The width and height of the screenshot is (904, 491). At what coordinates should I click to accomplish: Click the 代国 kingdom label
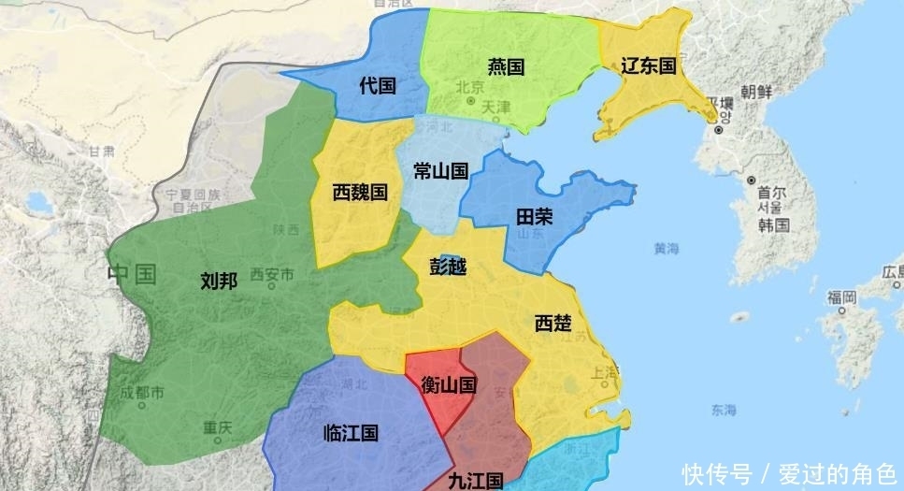click(378, 86)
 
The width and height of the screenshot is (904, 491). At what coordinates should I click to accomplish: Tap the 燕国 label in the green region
click(506, 67)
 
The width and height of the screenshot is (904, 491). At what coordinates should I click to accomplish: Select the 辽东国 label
click(648, 65)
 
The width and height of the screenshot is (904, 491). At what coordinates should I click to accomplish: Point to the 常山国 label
click(440, 171)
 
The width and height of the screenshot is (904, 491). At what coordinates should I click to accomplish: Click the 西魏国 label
click(360, 193)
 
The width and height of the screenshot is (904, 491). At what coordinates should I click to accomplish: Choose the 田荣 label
click(535, 217)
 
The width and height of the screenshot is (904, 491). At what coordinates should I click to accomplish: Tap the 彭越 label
click(448, 267)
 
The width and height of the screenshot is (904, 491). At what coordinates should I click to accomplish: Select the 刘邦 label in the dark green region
click(219, 281)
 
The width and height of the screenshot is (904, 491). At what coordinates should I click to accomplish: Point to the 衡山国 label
click(449, 383)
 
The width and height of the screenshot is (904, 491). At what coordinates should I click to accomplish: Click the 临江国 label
click(351, 433)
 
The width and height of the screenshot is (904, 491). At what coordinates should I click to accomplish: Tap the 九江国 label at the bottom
click(475, 481)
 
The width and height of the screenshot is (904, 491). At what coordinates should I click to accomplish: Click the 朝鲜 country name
click(756, 92)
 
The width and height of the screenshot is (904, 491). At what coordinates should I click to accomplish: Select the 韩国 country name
click(774, 225)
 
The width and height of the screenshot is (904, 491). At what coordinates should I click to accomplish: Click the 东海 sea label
click(723, 410)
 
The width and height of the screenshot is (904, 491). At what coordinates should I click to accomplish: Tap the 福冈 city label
click(840, 297)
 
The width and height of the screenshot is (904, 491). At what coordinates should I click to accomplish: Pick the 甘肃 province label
click(101, 151)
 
